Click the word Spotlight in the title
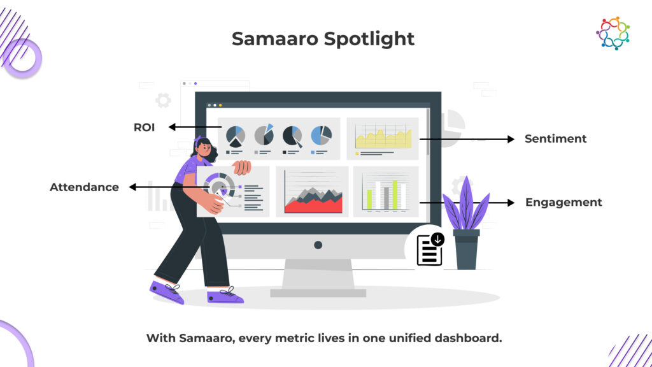[369, 40]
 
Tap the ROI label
[145, 127]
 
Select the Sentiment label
[555, 138]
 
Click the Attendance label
[85, 187]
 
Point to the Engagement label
[563, 203]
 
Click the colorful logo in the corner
[613, 33]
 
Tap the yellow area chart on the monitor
[383, 138]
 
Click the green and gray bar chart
[386, 194]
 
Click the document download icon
[430, 249]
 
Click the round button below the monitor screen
[318, 245]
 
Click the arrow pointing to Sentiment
[467, 139]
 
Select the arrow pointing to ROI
[195, 127]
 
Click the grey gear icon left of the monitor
[163, 100]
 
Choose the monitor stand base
[318, 293]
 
